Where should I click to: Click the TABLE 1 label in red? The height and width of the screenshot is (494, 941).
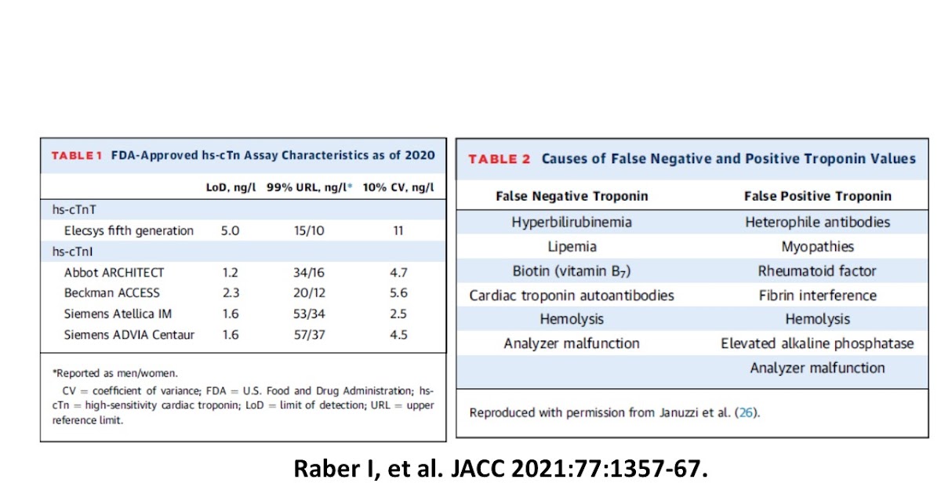(x=77, y=155)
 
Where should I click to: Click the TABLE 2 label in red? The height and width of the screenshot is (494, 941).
(x=499, y=159)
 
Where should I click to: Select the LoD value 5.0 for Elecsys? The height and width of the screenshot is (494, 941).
(x=231, y=231)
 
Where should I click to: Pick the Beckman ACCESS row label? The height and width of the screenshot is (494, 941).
(x=111, y=293)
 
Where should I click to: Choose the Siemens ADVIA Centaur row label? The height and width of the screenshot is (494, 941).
(x=129, y=335)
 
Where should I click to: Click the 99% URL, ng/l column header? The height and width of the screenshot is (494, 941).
(x=308, y=188)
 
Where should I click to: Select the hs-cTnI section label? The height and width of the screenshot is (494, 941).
(x=69, y=252)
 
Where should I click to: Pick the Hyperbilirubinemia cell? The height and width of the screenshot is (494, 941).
(x=572, y=222)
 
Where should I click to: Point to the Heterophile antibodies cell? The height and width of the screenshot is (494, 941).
(x=817, y=222)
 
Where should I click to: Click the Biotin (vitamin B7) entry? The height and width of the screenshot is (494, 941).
(x=572, y=271)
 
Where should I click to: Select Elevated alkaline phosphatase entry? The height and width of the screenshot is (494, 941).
(x=817, y=343)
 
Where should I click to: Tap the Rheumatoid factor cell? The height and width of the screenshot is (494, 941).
(x=817, y=271)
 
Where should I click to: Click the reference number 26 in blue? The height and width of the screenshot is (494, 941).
(x=748, y=412)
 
